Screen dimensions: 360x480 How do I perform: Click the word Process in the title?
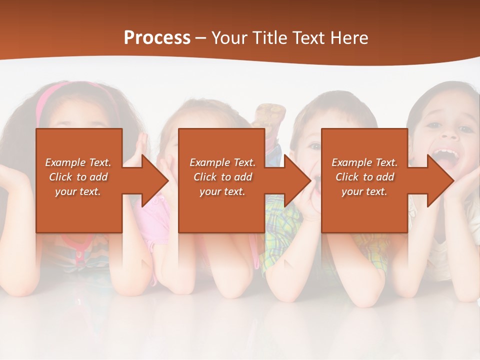[x=157, y=37]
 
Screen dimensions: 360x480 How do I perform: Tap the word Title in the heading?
[x=270, y=37]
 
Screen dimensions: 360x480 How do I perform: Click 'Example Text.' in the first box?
[x=78, y=162]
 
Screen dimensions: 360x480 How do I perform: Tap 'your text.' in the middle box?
[x=222, y=191]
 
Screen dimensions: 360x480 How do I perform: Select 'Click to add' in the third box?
[x=364, y=177]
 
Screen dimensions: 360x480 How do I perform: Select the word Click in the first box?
[x=61, y=177]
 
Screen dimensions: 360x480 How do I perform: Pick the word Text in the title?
[x=307, y=37]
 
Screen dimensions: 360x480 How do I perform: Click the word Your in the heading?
[x=229, y=37]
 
